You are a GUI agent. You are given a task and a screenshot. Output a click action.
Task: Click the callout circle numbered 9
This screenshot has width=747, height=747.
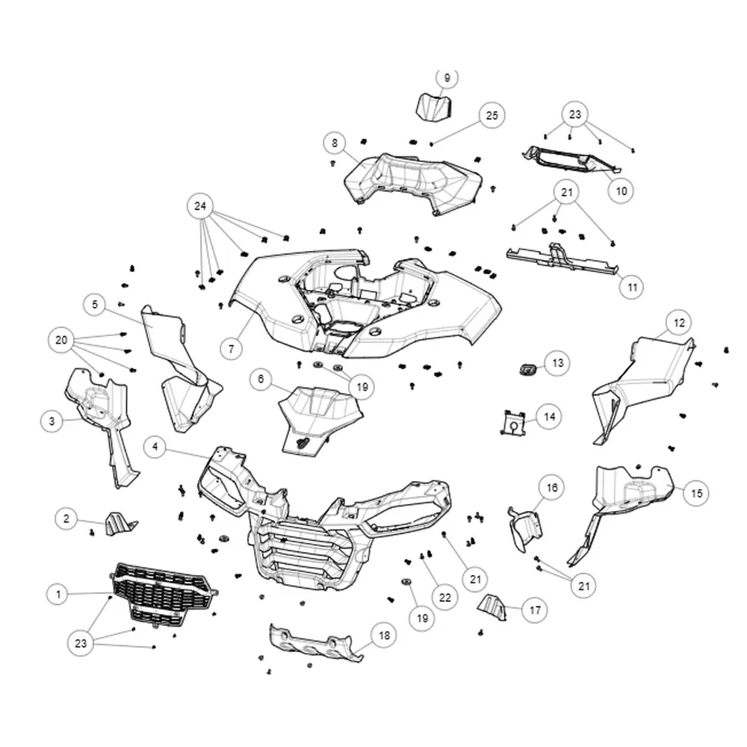(x=447, y=78)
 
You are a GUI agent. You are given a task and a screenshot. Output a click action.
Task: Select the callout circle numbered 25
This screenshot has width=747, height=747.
(x=492, y=116)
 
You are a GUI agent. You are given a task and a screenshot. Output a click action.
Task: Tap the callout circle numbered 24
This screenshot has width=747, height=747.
(x=200, y=206)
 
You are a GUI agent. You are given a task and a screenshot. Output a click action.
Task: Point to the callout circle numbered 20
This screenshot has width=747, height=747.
(x=61, y=340)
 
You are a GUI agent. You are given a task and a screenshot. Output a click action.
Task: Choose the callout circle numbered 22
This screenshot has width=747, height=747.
(x=444, y=598)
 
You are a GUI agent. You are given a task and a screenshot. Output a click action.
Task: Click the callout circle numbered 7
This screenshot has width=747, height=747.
(x=232, y=349)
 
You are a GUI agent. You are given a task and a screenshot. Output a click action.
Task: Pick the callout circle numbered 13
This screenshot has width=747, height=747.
(x=557, y=364)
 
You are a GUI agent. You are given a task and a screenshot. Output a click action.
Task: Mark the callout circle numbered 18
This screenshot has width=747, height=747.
(x=384, y=635)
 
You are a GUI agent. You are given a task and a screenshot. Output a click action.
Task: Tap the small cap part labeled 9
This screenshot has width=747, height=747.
(x=434, y=108)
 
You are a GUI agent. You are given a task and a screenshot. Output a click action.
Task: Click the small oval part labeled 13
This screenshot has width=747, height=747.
(x=528, y=369)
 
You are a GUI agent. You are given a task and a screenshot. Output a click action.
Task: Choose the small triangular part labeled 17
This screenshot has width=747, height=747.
(x=492, y=608)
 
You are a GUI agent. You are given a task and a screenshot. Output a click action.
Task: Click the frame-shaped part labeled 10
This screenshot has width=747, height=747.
(x=571, y=160)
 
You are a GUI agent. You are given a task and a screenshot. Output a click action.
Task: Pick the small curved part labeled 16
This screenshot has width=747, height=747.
(x=525, y=529)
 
